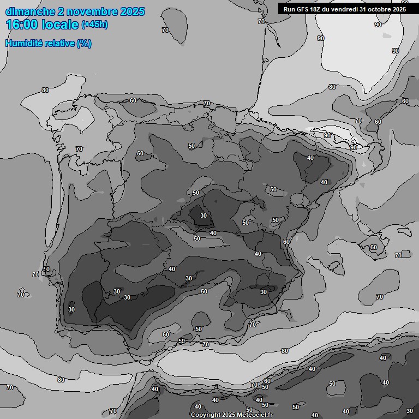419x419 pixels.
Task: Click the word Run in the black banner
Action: [289, 9]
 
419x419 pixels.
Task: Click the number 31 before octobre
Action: [363, 9]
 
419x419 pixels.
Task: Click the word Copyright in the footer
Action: [206, 415]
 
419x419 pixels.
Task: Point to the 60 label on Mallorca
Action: [373, 247]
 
